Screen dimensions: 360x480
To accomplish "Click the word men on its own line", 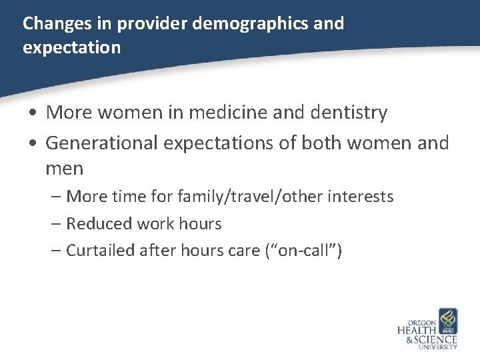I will (65, 168).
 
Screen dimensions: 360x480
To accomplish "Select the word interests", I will (361, 197).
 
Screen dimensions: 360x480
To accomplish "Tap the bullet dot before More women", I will (32, 113).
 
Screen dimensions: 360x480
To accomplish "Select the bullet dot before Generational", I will (32, 143).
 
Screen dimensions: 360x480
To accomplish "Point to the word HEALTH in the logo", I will (417, 329).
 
